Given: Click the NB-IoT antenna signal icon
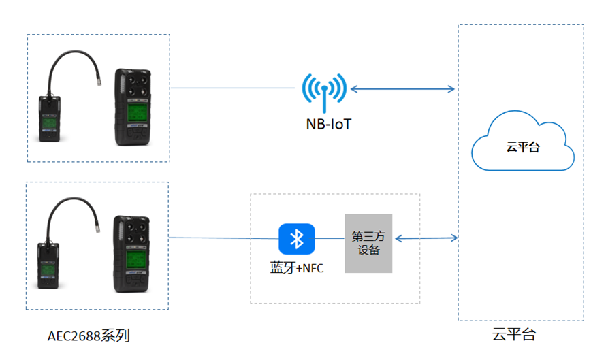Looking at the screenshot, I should pos(324,91).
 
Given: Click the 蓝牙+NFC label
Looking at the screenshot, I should pos(297,268).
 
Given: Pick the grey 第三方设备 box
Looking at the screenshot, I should pos(368,243).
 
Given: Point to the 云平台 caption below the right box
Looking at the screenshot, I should pos(514,334).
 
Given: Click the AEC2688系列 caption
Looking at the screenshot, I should pos(89,336).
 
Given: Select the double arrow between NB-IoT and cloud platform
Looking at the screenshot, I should pos(402,88).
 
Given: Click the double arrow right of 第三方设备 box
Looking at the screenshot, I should pos(426,238).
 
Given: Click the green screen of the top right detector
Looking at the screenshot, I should pos(138,113).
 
